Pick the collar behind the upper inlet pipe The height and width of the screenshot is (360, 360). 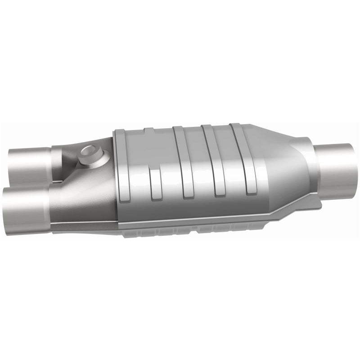[x=55, y=160]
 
